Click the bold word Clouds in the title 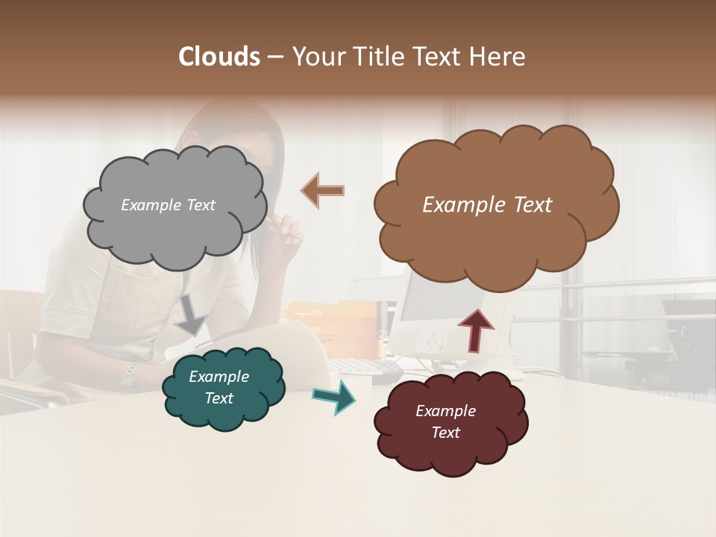pos(219,57)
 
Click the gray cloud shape pos(175,224)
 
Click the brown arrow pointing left pos(323,190)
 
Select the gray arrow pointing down pos(192,314)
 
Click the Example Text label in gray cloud pos(168,205)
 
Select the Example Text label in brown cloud pos(487,205)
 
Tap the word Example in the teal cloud pos(219,377)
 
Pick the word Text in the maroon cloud pos(445,433)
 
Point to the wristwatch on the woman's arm pos(130,377)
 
